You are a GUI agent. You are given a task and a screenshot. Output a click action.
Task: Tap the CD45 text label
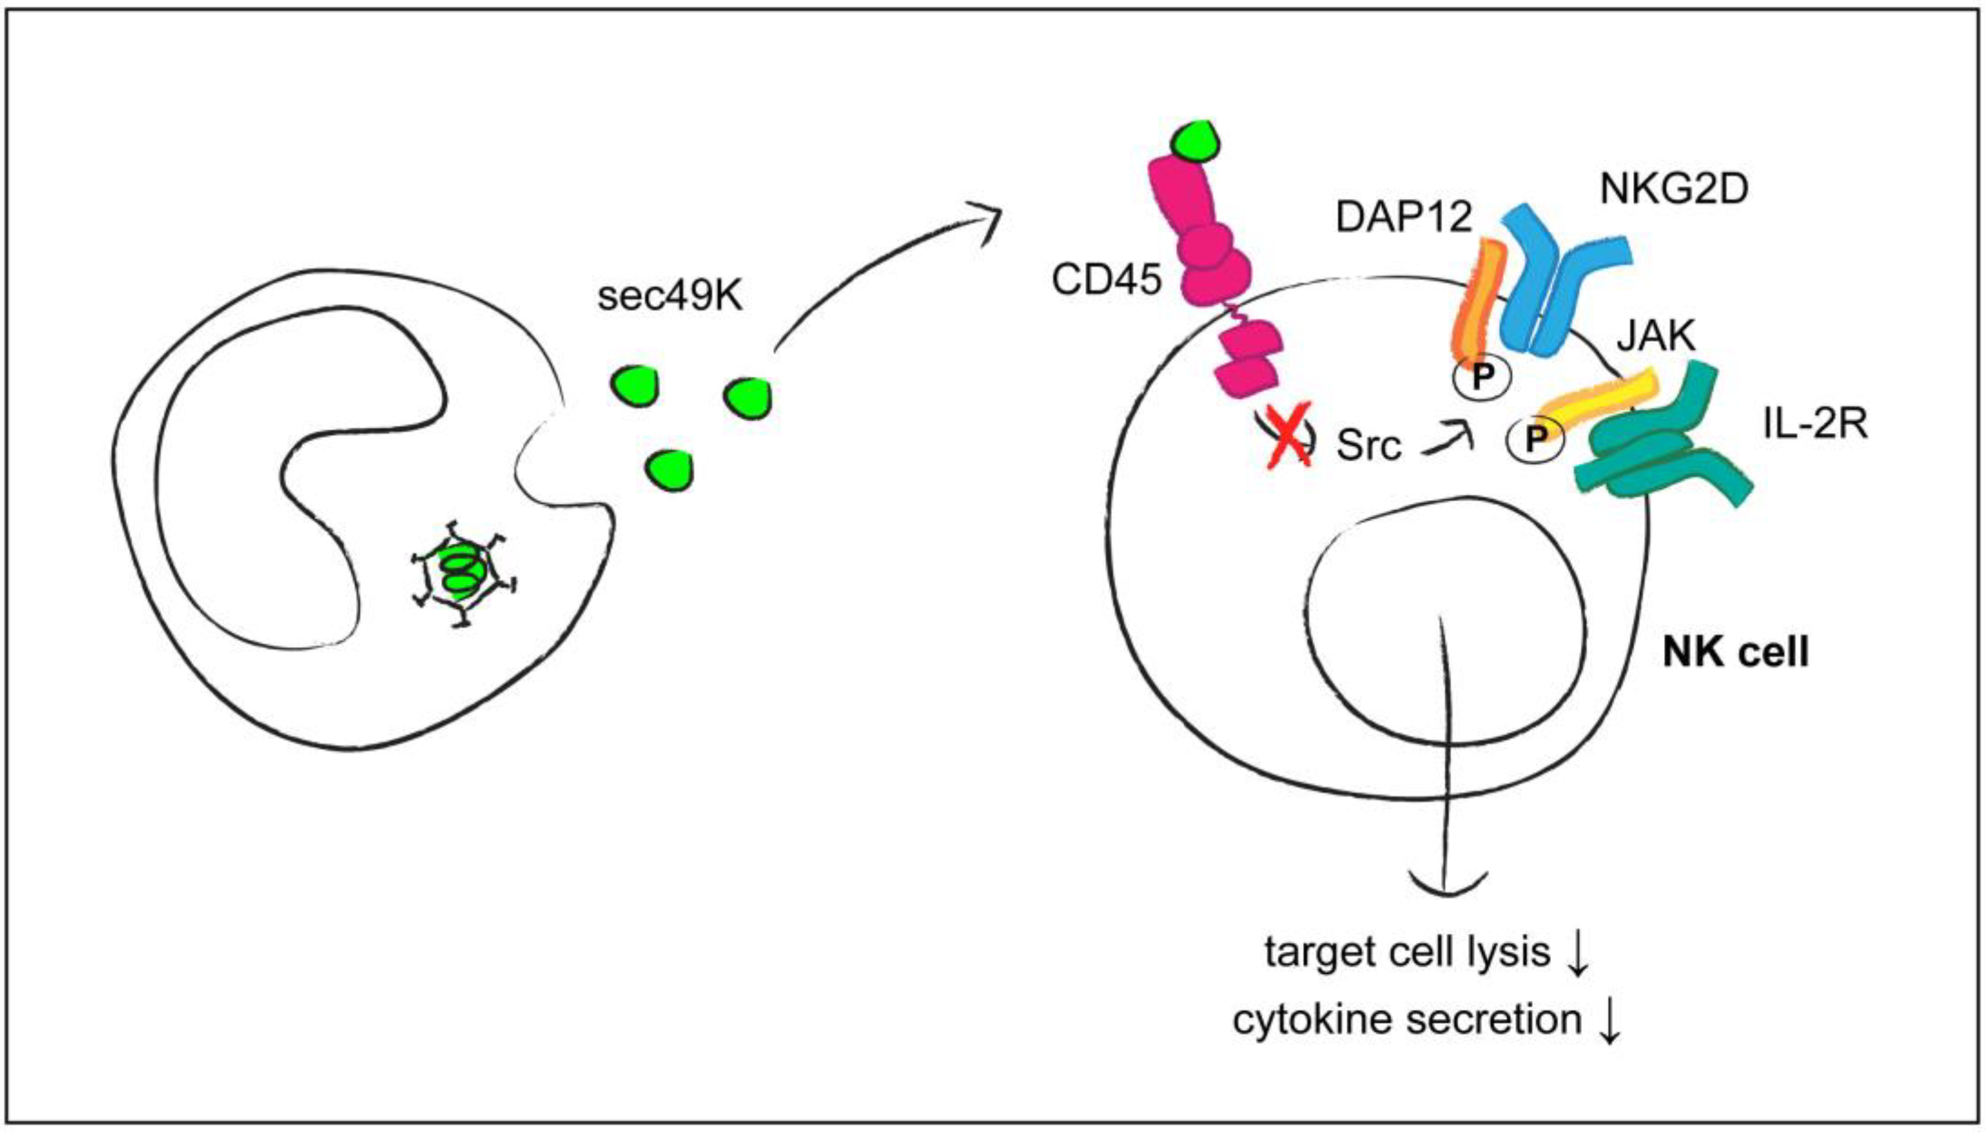(x=1106, y=280)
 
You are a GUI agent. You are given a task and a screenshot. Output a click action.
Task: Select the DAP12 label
(x=1404, y=217)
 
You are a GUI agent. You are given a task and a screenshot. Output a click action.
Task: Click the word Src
(x=1369, y=445)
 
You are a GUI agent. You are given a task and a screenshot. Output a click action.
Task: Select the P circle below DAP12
(x=1481, y=377)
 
